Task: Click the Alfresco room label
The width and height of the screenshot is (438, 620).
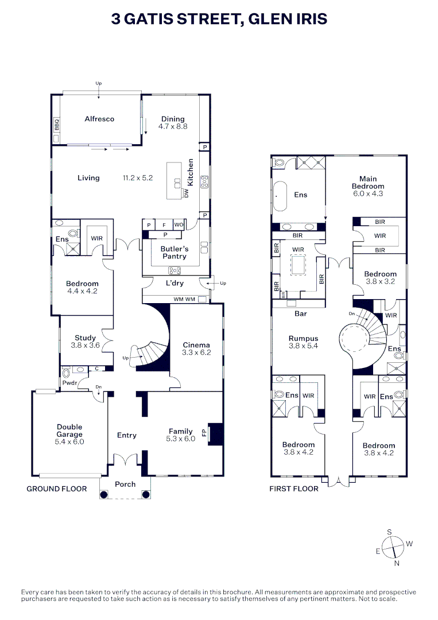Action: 99,119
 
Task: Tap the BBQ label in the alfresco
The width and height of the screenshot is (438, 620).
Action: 57,124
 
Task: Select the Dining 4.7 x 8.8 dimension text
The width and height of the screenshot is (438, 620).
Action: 173,126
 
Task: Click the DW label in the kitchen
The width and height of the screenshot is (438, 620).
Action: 186,193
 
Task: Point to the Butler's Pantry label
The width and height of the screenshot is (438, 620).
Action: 175,253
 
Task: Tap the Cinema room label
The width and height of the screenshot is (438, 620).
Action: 196,345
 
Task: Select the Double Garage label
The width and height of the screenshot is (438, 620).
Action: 69,431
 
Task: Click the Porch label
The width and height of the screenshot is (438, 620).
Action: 125,484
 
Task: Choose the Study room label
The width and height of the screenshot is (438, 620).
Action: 86,338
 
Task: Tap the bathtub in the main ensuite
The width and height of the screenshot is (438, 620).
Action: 281,196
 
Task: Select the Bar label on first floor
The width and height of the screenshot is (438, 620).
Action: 301,314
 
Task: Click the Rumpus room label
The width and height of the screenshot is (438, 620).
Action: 303,339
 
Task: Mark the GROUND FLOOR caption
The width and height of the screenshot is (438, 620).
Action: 57,489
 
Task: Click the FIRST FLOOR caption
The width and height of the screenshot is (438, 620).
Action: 294,489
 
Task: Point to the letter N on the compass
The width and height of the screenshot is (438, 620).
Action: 397,563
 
